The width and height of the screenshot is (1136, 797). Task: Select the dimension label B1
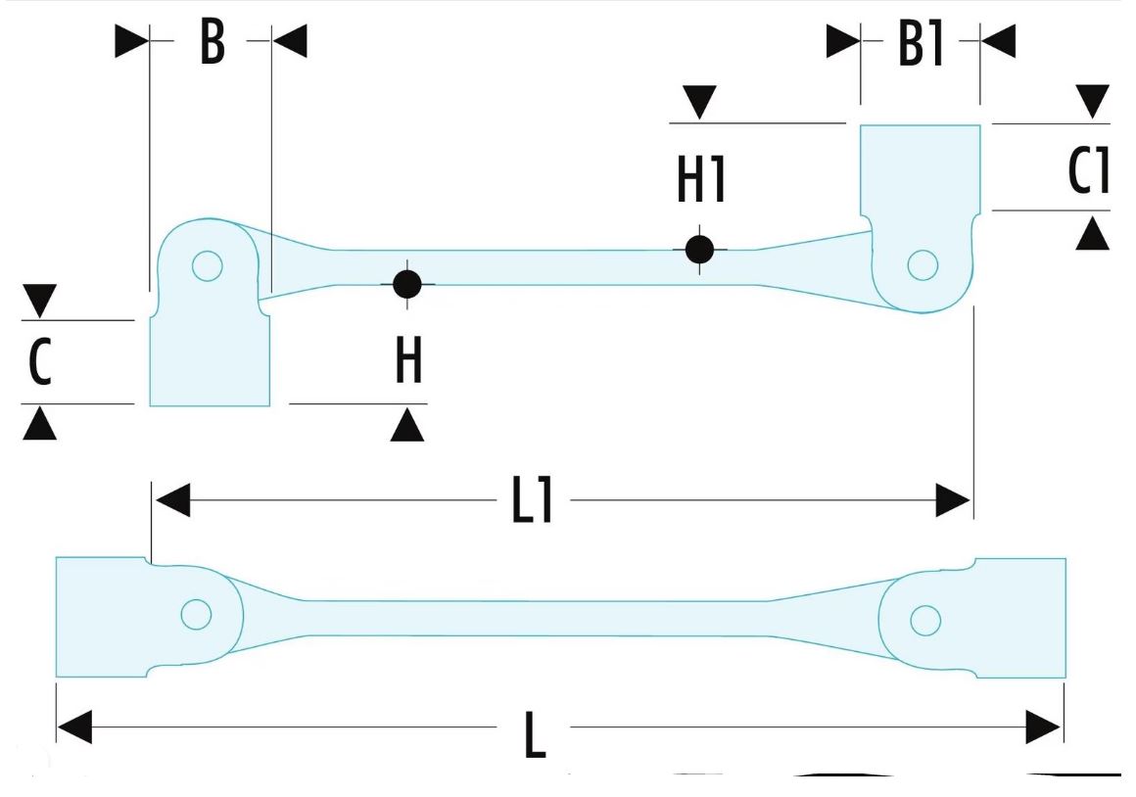click(921, 43)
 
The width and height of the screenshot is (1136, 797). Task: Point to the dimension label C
click(39, 361)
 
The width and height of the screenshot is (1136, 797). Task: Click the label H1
click(701, 179)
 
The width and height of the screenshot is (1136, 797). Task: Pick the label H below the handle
click(408, 361)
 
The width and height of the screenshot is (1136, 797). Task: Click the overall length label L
click(534, 732)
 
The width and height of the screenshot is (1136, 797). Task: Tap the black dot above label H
click(406, 284)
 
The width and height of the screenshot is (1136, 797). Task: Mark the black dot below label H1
click(699, 249)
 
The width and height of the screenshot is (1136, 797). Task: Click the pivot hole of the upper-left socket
click(207, 265)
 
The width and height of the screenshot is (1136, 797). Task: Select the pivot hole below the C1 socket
click(923, 264)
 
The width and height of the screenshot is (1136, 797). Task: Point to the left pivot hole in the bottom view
click(196, 614)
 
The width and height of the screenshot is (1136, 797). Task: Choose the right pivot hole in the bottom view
click(924, 620)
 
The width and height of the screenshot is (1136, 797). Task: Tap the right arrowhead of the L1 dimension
click(952, 501)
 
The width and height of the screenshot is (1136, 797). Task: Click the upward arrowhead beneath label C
click(39, 423)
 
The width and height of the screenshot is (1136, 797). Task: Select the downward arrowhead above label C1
click(1093, 100)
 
